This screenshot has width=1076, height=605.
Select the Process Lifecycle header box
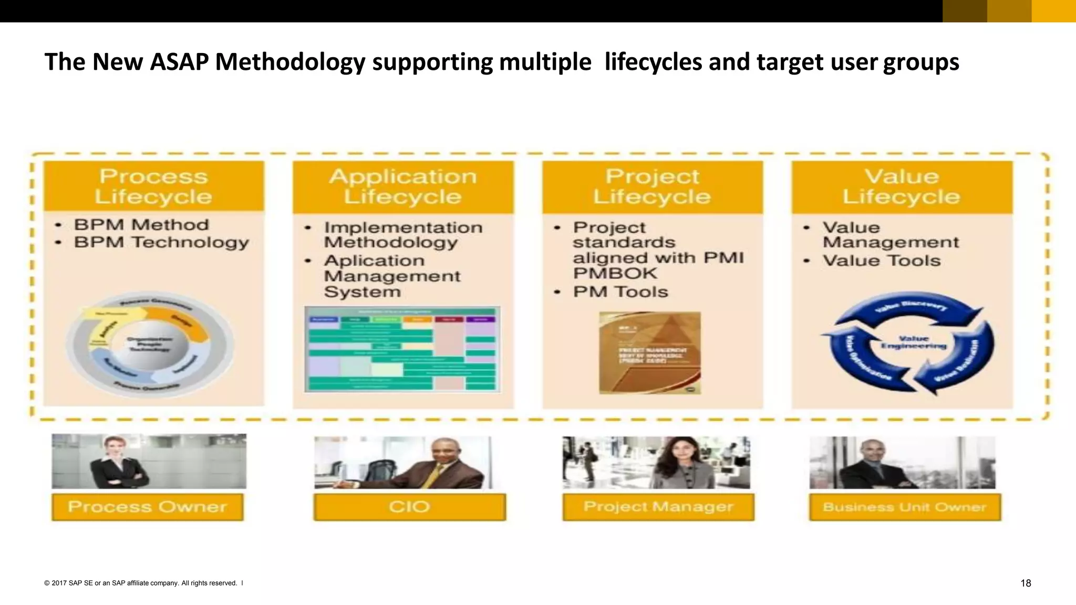153,186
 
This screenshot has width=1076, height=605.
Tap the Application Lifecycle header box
403,186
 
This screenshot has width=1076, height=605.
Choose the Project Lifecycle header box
652,186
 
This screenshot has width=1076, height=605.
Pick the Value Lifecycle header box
902,186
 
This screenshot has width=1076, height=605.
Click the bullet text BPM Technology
161,242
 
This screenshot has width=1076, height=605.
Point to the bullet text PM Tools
620,291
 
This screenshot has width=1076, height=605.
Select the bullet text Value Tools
881,260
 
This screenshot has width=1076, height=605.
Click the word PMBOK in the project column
615,273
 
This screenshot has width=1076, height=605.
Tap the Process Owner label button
147,507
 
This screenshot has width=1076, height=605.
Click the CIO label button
409,507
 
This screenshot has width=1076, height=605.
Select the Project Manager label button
658,507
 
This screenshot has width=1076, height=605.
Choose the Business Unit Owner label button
904,507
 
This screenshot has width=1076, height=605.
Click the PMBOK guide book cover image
650,352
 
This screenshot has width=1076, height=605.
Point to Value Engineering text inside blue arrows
913,342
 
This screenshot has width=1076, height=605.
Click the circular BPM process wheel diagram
149,345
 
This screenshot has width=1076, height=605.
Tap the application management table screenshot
402,349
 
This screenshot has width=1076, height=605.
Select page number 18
1025,583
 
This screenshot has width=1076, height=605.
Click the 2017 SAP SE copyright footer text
141,583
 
